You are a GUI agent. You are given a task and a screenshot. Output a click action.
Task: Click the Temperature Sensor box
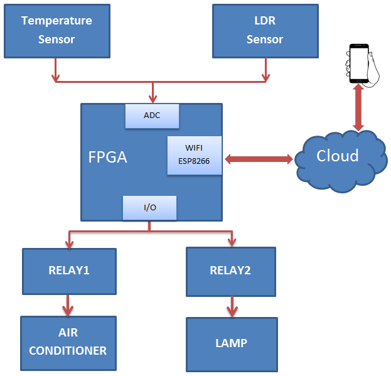pos(56,30)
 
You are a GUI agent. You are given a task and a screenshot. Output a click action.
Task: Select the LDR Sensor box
pos(264,30)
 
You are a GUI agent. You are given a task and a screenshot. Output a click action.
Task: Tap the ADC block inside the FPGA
pos(152,115)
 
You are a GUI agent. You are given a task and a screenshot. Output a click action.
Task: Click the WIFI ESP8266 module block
pos(194,156)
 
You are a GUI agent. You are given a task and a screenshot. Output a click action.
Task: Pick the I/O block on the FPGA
pos(149,208)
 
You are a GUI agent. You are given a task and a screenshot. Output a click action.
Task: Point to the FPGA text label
pos(107,157)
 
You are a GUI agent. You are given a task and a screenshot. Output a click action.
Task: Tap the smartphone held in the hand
pos(359,63)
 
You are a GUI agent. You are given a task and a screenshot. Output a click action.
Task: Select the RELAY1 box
pos(69,271)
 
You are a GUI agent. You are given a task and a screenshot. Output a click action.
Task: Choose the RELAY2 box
pos(230,271)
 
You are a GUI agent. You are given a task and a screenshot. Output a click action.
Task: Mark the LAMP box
pos(231,343)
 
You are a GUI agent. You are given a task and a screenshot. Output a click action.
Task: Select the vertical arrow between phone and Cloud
pos(359,107)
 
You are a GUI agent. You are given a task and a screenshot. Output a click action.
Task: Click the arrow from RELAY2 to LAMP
pos(232,306)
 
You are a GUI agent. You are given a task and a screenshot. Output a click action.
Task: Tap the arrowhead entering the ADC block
pos(153,98)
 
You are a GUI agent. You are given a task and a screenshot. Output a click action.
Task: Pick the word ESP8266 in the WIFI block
pos(194,161)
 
